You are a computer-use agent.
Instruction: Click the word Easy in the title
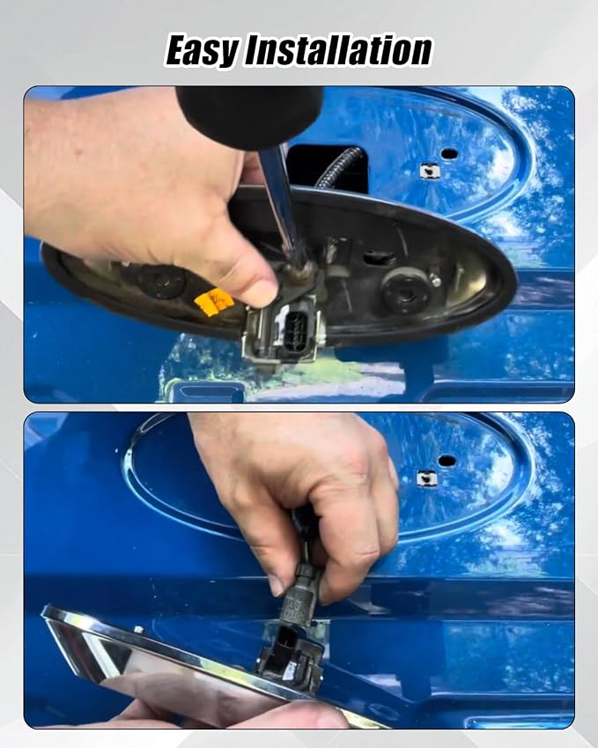pyautogui.click(x=203, y=49)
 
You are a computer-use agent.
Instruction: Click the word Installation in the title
pyautogui.click(x=338, y=49)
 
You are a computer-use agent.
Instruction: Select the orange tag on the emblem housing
pyautogui.click(x=214, y=302)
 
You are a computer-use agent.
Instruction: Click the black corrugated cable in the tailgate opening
pyautogui.click(x=337, y=168)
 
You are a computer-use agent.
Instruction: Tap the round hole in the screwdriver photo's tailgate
pyautogui.click(x=449, y=154)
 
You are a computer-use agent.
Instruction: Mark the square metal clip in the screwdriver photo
pyautogui.click(x=429, y=171)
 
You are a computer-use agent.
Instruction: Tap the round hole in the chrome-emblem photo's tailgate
pyautogui.click(x=447, y=461)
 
